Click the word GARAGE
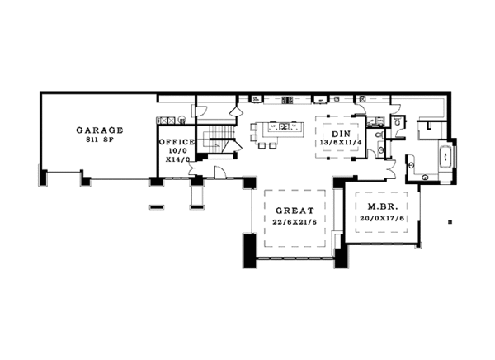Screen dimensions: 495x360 coord(100,130)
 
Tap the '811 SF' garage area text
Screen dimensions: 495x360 coord(100,140)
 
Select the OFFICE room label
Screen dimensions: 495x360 coord(177,142)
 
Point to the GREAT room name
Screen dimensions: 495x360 coord(295,211)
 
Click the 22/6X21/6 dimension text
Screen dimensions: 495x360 coord(295,222)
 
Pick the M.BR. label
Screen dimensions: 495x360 coord(383,207)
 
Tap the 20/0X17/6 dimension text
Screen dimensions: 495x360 coord(382,219)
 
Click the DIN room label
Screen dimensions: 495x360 coord(341,134)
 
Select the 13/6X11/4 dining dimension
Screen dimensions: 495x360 coord(341,142)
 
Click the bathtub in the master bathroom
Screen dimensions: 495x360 coord(445,156)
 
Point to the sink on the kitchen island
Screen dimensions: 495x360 coord(283,126)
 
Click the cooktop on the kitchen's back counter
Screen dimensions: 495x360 coord(288,100)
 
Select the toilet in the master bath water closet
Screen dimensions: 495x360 coord(397,121)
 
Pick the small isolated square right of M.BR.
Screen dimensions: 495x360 coord(450,222)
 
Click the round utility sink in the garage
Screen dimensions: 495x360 coord(181,120)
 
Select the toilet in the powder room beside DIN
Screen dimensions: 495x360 coord(379,135)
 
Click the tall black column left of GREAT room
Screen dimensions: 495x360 coord(249,250)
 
